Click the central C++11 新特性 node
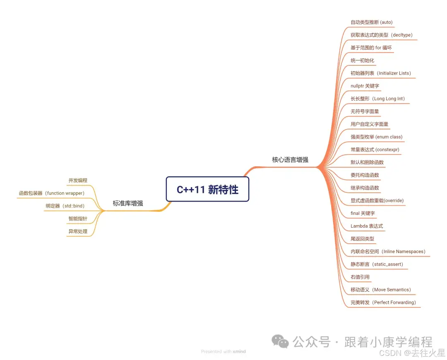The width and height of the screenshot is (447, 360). click(207, 189)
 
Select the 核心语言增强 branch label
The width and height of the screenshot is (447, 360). click(290, 159)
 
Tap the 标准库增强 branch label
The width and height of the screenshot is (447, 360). click(128, 203)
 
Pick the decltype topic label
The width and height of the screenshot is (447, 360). click(381, 35)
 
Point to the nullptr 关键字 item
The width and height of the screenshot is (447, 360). click(365, 86)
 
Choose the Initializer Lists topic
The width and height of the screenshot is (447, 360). click(380, 73)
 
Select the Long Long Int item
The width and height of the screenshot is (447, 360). click(377, 99)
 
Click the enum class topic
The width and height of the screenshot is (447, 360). click(376, 137)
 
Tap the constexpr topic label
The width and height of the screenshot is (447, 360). click(375, 149)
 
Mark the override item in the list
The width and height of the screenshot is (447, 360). click(377, 201)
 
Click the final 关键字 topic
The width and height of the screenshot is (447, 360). click(363, 214)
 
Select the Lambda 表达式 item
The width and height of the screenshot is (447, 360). click(367, 226)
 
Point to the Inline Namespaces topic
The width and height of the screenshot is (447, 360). click(388, 252)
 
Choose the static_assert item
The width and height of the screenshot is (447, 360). click(377, 264)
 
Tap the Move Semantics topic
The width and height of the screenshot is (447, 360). click(380, 290)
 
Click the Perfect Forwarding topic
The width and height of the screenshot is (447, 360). click(383, 302)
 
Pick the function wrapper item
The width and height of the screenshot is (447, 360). click(52, 193)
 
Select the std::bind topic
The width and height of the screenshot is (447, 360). click(65, 206)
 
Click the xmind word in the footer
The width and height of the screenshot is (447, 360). click(239, 352)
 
